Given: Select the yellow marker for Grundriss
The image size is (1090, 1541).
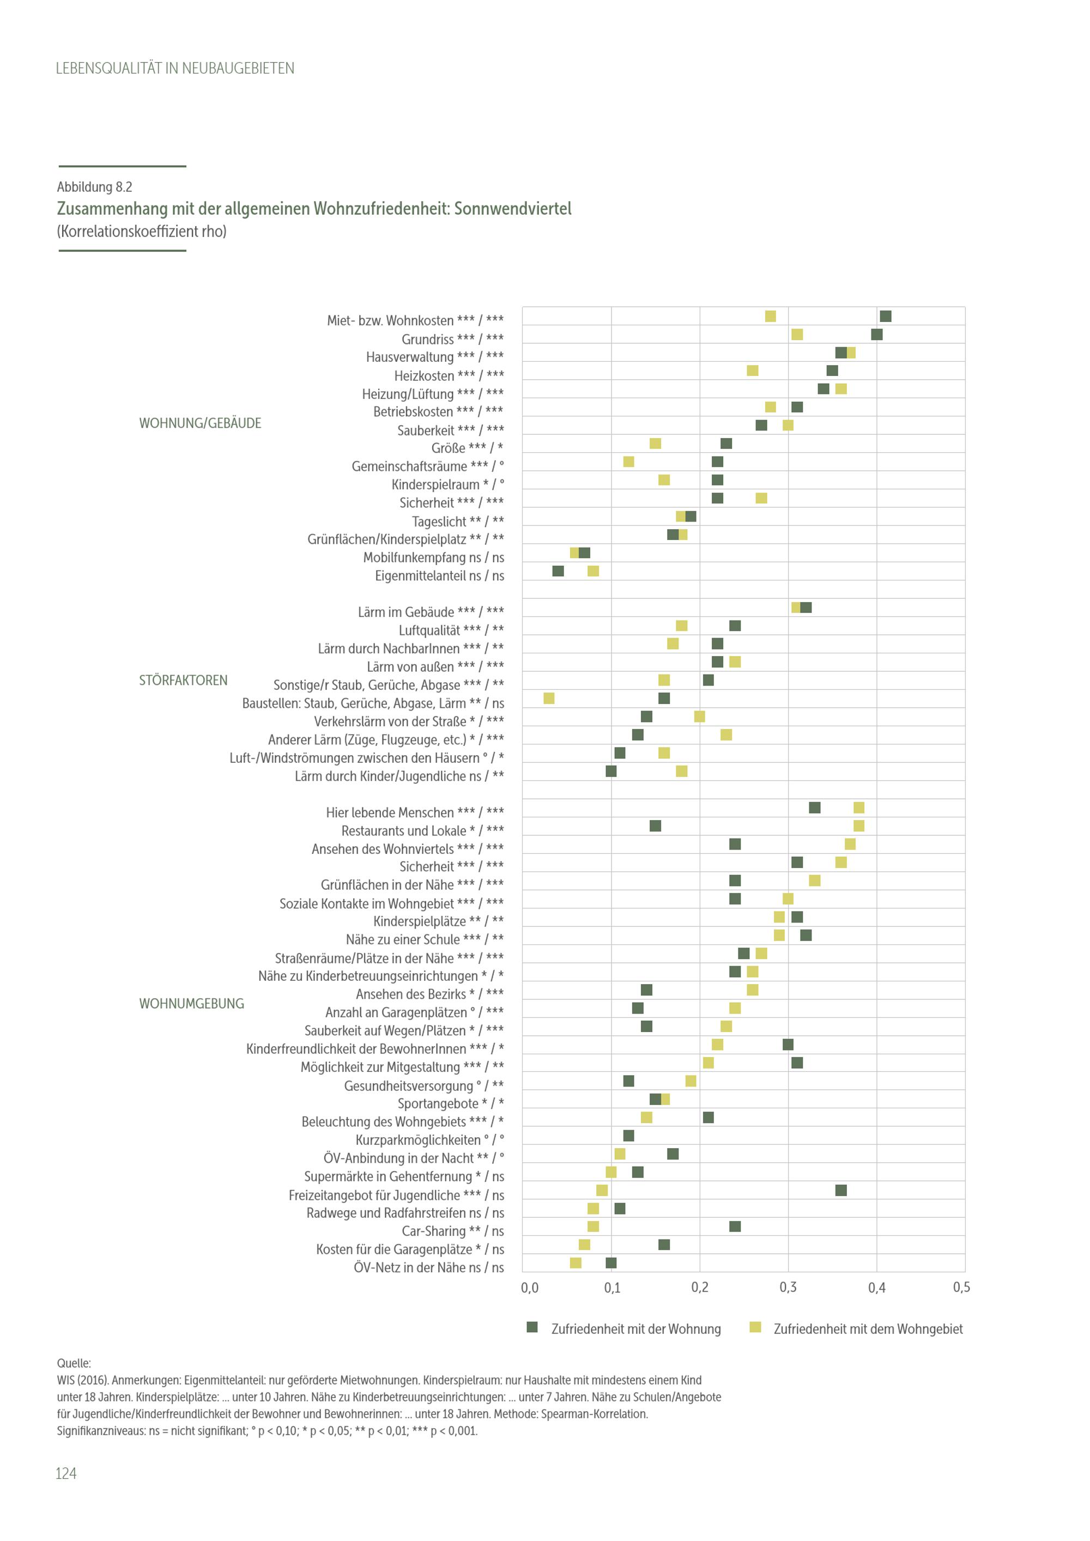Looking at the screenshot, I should click(797, 334).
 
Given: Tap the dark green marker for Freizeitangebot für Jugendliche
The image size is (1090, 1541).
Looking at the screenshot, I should click(841, 1190).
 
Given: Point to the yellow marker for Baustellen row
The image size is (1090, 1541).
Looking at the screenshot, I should click(549, 699).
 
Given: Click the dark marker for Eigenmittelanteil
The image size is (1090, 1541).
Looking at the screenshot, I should click(558, 571).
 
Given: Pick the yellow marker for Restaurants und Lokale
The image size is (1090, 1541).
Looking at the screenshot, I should click(858, 826).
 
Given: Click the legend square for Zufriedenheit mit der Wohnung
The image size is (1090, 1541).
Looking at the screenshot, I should click(532, 1327).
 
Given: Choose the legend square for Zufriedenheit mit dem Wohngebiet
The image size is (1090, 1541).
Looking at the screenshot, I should click(755, 1327).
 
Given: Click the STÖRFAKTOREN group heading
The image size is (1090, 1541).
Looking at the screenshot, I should click(183, 681).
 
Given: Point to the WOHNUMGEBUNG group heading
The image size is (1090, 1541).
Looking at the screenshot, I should click(191, 1003).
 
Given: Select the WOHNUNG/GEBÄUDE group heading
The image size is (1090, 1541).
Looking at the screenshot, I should click(200, 423).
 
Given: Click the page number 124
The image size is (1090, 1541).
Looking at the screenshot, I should click(66, 1473).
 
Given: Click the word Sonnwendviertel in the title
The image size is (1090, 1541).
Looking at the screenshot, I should click(513, 209).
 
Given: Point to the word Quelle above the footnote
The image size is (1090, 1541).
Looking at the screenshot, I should click(74, 1363).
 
